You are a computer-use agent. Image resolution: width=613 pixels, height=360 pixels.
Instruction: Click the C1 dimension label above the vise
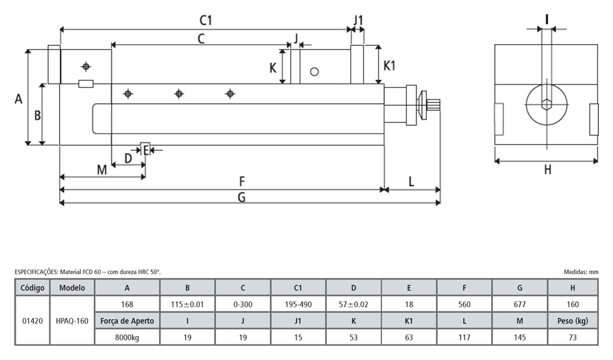(206, 20)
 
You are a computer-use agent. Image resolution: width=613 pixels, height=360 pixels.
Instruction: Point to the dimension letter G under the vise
(241, 197)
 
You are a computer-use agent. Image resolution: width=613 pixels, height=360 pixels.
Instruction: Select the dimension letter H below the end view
(547, 169)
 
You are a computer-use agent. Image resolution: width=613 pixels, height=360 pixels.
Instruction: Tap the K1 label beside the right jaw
(389, 66)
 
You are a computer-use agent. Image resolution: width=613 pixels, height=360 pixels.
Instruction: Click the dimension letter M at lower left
(102, 170)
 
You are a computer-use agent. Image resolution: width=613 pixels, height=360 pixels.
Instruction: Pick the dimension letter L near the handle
(411, 182)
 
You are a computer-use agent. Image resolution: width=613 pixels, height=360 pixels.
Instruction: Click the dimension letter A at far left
(18, 99)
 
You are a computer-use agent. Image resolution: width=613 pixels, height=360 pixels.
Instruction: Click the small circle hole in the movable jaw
(315, 71)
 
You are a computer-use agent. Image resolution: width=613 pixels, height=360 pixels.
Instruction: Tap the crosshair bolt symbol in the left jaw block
(85, 66)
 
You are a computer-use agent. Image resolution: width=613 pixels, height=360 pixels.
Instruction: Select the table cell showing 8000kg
(126, 337)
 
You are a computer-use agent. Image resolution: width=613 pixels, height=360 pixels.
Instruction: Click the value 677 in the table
(520, 304)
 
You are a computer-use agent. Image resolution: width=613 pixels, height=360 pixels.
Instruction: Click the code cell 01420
(32, 320)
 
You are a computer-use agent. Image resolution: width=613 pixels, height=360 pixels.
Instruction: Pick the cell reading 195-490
(298, 304)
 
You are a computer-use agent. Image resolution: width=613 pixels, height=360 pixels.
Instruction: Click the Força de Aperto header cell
(126, 320)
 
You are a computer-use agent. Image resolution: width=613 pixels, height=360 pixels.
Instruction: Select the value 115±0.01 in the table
(187, 304)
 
